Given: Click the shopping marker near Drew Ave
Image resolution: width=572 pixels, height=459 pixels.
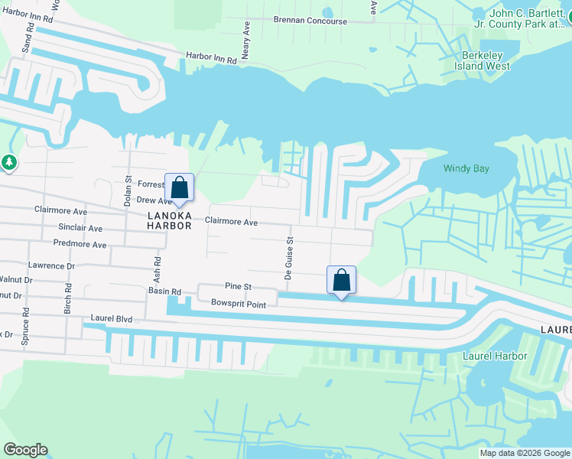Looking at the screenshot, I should (x=179, y=187).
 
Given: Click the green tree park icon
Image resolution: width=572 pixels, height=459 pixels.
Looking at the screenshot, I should (x=8, y=162).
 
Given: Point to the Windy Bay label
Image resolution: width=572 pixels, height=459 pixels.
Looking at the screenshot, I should (x=466, y=168).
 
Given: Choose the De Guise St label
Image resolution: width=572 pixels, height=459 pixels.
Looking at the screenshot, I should (x=291, y=250).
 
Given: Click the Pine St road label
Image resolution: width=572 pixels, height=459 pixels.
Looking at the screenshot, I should (x=238, y=286).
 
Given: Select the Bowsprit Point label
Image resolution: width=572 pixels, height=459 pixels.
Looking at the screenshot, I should (x=239, y=304).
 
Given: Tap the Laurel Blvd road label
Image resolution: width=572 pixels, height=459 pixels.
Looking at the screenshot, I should (x=111, y=317).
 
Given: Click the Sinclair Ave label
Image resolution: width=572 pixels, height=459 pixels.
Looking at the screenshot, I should (x=79, y=228).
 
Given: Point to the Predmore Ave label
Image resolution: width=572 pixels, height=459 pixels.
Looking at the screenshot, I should (x=80, y=245).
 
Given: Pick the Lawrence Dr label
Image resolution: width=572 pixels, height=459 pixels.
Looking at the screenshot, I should (x=51, y=265).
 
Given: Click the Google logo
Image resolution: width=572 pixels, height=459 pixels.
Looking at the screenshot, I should (x=25, y=450).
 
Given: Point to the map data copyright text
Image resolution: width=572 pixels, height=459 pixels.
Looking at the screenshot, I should (x=525, y=453).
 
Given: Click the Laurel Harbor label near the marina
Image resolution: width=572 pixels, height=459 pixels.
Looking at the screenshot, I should (x=495, y=356).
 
